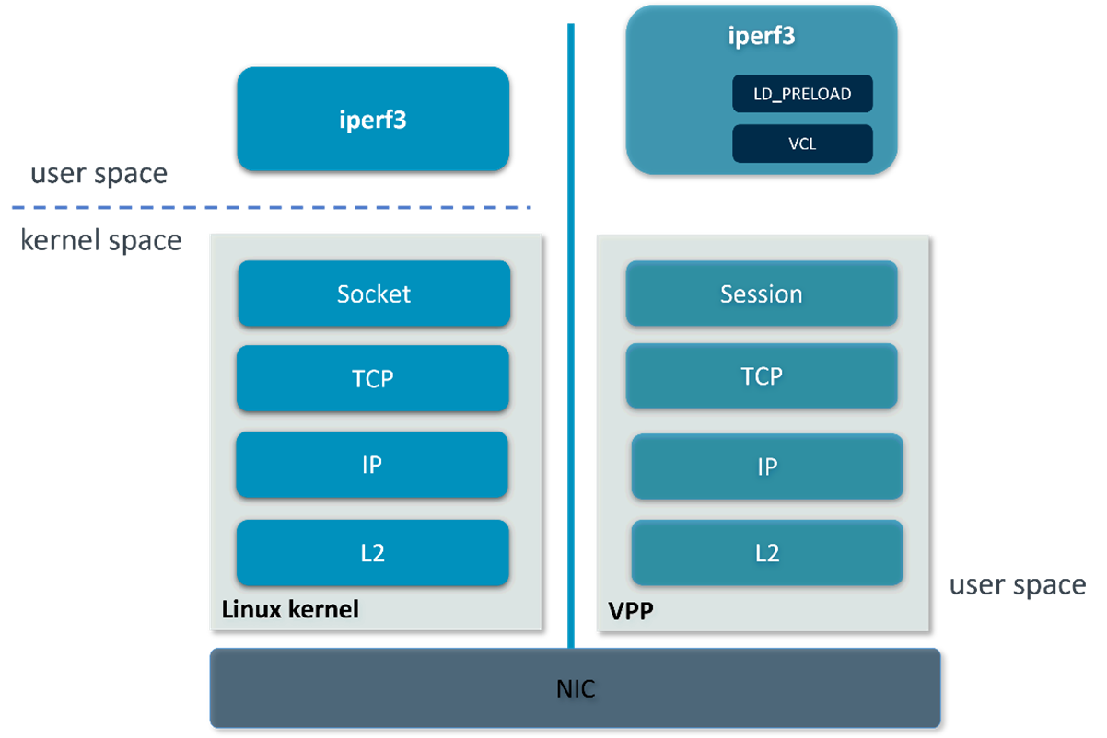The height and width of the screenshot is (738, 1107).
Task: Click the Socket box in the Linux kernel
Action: tap(374, 294)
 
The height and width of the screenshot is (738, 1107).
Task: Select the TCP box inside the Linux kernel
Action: tap(373, 378)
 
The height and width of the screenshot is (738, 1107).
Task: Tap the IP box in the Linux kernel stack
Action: tap(372, 465)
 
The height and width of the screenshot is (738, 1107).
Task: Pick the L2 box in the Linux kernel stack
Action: tap(373, 553)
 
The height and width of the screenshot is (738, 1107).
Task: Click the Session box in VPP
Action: tap(762, 294)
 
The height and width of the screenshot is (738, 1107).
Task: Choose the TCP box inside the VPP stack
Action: tap(762, 376)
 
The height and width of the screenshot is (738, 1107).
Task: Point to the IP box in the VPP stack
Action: tap(767, 467)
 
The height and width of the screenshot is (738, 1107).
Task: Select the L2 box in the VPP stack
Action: tap(767, 553)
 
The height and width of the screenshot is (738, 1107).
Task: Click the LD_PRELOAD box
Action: tap(802, 94)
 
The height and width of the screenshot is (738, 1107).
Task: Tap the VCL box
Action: tap(802, 144)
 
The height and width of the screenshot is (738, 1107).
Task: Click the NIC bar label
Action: tap(576, 688)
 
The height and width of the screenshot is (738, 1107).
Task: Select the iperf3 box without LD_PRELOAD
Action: tap(373, 119)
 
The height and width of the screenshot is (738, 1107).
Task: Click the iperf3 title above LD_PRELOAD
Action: tap(761, 37)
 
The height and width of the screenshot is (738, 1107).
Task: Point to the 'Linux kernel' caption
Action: tap(290, 609)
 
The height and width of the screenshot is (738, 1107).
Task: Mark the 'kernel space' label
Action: tap(101, 241)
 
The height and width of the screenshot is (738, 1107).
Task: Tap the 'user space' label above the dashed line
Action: tap(99, 174)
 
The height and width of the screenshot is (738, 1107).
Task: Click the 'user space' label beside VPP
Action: tap(1018, 585)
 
